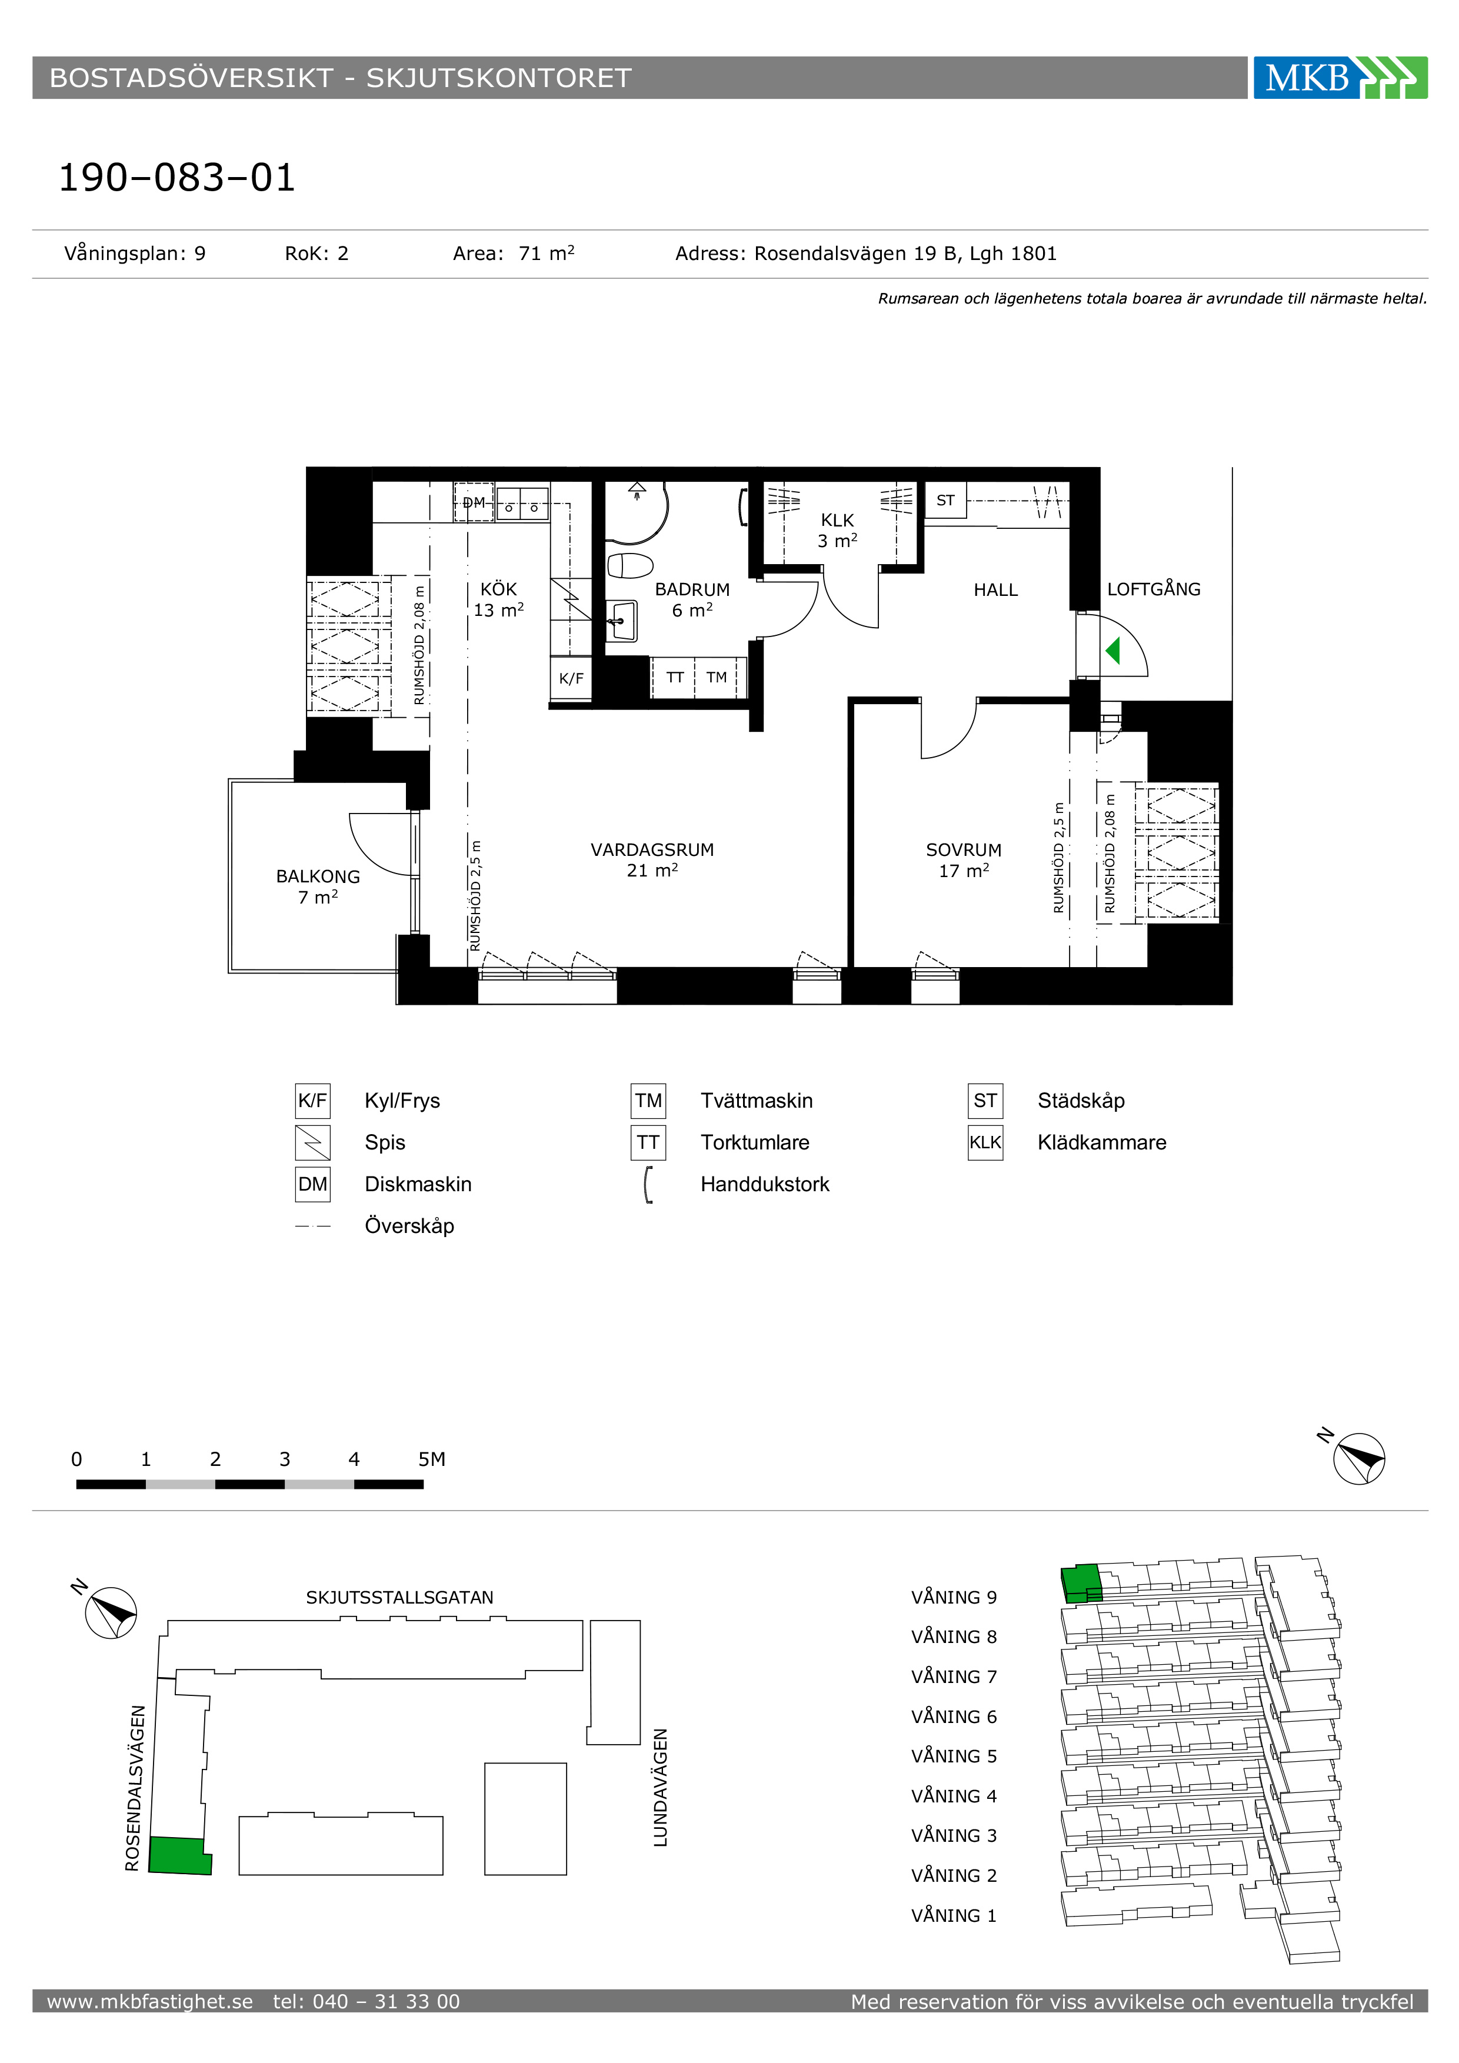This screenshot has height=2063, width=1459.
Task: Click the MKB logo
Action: pos(1340,78)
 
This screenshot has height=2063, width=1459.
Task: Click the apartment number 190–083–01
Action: pos(177,177)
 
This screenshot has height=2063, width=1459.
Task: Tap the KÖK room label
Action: pos(499,589)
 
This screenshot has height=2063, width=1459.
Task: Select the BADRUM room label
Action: pos(692,589)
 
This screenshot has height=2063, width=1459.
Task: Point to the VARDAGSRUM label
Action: pos(652,850)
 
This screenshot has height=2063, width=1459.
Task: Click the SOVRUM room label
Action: pos(964,850)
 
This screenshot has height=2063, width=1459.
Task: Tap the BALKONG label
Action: pos(318,877)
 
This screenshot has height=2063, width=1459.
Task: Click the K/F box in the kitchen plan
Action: pos(571,678)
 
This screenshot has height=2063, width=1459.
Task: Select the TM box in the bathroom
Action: pos(716,678)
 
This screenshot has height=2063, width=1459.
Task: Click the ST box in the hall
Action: pos(945,501)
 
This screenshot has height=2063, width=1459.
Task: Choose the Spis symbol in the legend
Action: pos(312,1143)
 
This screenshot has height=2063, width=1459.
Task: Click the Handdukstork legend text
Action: pos(765,1184)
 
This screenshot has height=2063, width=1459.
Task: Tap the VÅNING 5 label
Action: pos(954,1756)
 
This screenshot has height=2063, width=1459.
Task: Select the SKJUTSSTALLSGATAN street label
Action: pos(400,1598)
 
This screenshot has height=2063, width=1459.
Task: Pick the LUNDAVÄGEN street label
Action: pos(660,1788)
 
